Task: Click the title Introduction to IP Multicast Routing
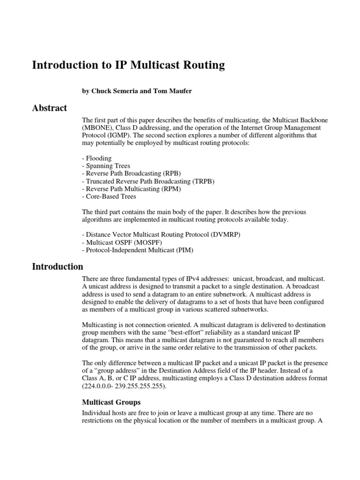(x=128, y=65)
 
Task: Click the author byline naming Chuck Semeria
(x=136, y=91)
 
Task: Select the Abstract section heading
(x=49, y=108)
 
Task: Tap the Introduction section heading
(x=57, y=267)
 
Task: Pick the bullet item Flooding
(x=97, y=158)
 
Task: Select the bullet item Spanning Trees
(x=106, y=166)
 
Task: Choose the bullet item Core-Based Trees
(x=109, y=197)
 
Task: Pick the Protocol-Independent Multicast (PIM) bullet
(x=137, y=250)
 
